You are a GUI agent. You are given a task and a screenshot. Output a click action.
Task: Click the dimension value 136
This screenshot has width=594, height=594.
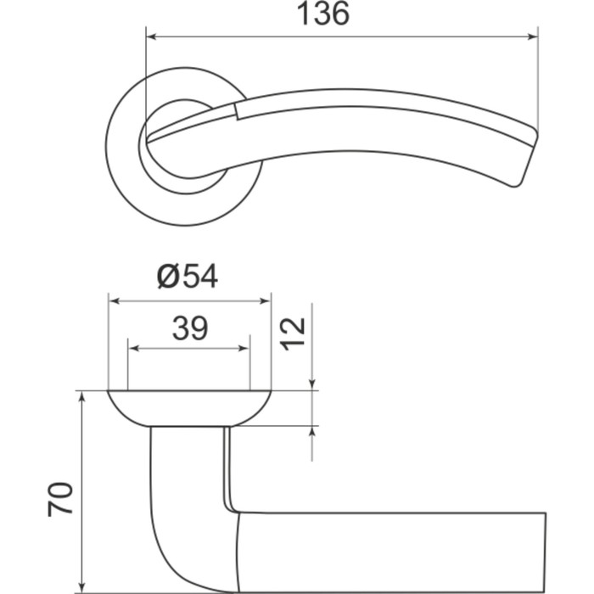322,14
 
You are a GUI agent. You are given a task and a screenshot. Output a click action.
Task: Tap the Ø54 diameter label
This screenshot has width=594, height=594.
188,277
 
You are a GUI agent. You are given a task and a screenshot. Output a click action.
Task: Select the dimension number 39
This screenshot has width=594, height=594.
190,328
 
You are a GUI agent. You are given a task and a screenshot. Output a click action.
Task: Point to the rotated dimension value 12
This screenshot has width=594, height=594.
292,334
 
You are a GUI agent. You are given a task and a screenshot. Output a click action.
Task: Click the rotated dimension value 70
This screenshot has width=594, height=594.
60,499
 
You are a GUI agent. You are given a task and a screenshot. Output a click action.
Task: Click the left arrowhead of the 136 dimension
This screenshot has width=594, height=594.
151,36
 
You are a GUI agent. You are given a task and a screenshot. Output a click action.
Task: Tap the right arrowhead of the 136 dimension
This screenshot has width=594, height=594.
533,36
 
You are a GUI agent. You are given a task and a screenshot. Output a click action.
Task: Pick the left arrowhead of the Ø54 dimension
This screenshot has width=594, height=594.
114,301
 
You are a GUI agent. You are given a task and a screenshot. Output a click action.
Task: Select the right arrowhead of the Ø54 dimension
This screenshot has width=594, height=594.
266,301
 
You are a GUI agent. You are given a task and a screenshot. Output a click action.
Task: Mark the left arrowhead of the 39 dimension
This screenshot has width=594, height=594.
134,349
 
